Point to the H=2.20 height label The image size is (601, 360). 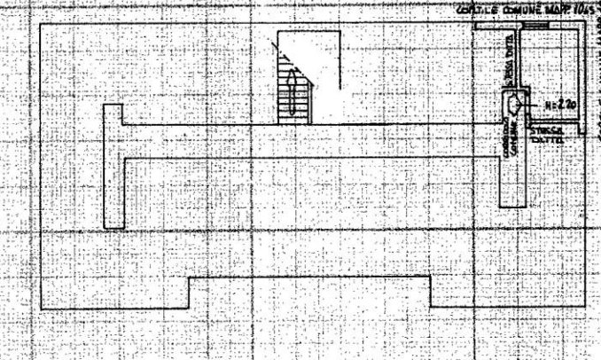pos(562,105)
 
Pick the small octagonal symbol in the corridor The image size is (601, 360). pos(514,106)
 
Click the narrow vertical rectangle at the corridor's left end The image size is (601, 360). pos(113,166)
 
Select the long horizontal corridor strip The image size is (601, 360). pos(310,142)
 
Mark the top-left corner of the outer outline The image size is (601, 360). pos(42,24)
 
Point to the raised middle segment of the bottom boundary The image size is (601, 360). pos(310,278)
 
